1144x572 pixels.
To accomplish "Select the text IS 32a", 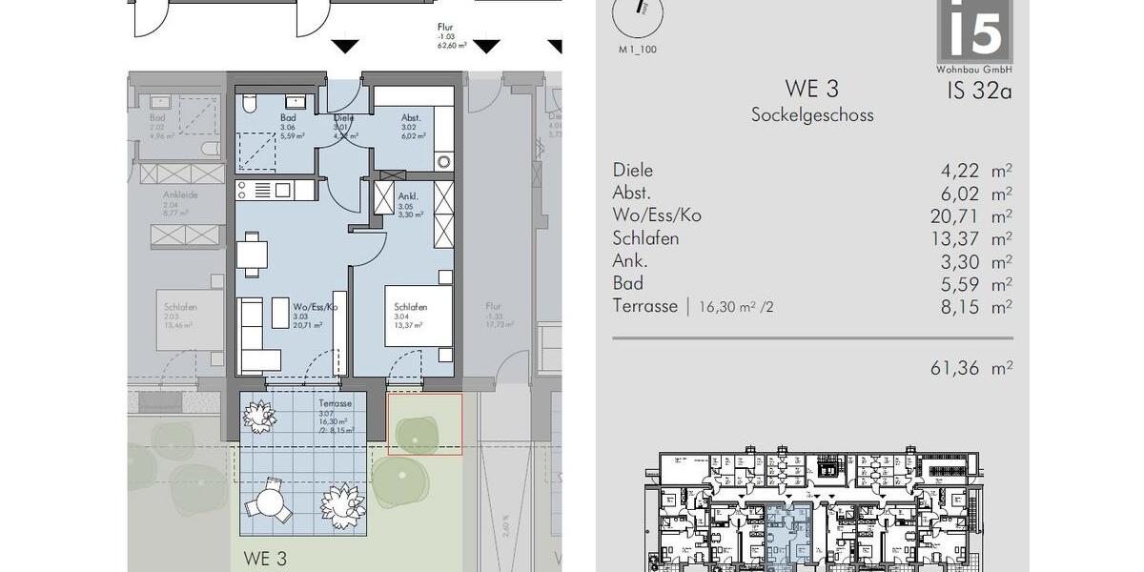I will click(978, 92).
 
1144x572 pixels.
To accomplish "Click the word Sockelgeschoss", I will click(811, 115).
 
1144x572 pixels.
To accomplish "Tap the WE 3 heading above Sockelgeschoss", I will click(811, 89).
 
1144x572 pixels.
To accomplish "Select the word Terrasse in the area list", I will click(644, 306).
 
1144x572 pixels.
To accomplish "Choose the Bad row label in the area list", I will click(627, 283).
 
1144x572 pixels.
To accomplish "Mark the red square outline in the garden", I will click(424, 424).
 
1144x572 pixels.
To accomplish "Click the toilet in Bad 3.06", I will click(248, 102).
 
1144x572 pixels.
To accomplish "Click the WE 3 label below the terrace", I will click(264, 558).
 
